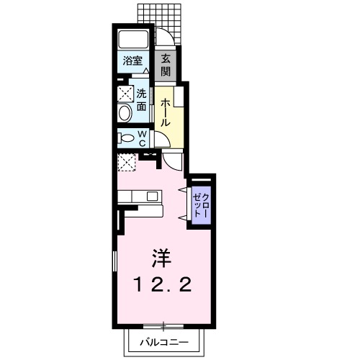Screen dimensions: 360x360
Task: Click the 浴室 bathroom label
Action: click(132, 60)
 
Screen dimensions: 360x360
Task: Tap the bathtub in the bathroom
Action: click(133, 39)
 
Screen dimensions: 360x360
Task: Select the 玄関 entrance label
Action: click(166, 65)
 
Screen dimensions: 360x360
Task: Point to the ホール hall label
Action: click(166, 112)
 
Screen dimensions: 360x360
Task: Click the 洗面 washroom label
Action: click(142, 100)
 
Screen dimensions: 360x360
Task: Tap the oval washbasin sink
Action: click(125, 113)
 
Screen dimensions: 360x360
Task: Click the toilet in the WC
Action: click(125, 138)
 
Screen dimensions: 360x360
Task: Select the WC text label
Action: click(143, 139)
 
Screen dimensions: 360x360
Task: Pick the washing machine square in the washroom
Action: click(125, 94)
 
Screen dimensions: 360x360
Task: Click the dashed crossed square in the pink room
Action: click(127, 163)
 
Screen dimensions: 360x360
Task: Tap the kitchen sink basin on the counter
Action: click(153, 197)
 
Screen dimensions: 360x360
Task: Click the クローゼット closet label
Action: click(202, 205)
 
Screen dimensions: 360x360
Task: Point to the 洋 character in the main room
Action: click(161, 258)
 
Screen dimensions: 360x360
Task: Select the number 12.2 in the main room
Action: click(163, 284)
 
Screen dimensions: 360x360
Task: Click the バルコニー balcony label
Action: click(164, 343)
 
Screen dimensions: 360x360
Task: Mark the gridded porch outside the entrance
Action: click(160, 23)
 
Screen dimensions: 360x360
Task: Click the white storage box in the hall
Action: click(179, 96)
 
